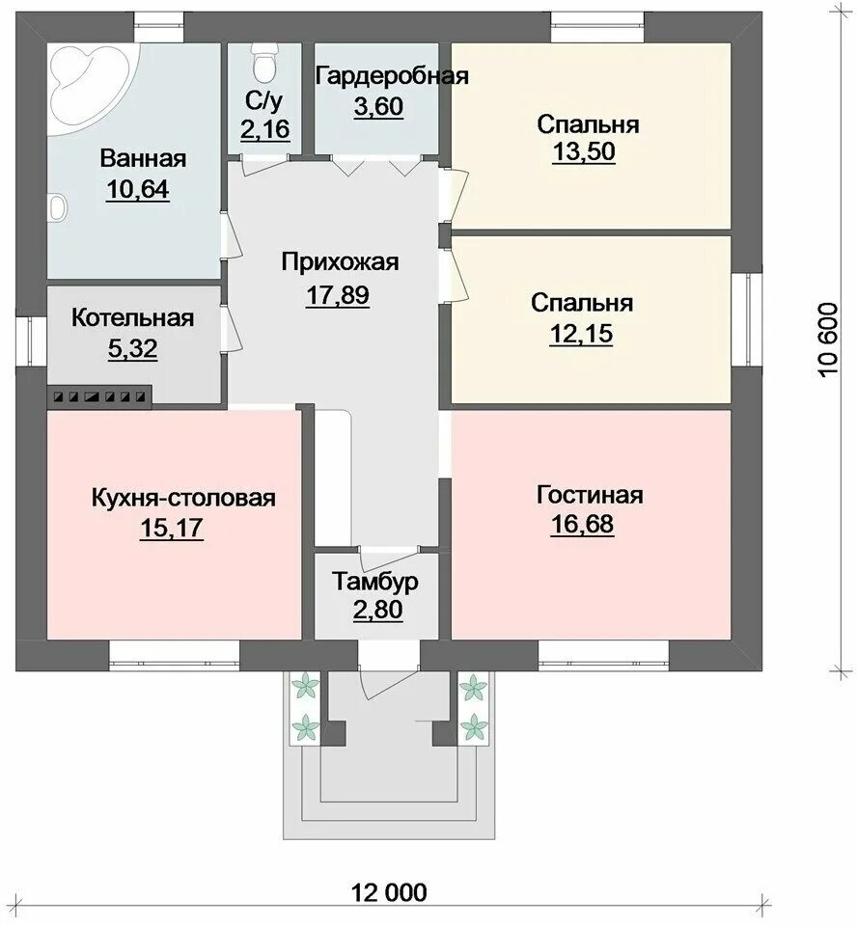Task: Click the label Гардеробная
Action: click(392, 77)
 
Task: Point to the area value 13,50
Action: click(584, 151)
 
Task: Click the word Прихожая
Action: click(340, 261)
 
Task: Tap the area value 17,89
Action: click(338, 295)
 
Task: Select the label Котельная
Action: click(133, 317)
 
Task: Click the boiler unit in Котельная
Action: click(101, 395)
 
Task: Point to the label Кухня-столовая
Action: click(183, 498)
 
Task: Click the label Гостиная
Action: click(589, 495)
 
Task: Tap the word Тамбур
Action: click(376, 582)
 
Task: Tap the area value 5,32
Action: click(133, 348)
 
